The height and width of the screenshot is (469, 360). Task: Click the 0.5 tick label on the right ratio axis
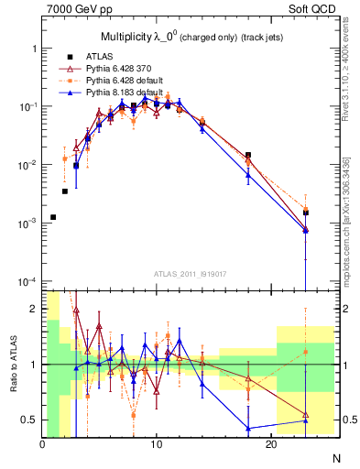[345, 420]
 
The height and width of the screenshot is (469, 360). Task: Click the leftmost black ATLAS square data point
[53, 217]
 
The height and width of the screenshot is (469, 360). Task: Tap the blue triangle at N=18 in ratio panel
[248, 428]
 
